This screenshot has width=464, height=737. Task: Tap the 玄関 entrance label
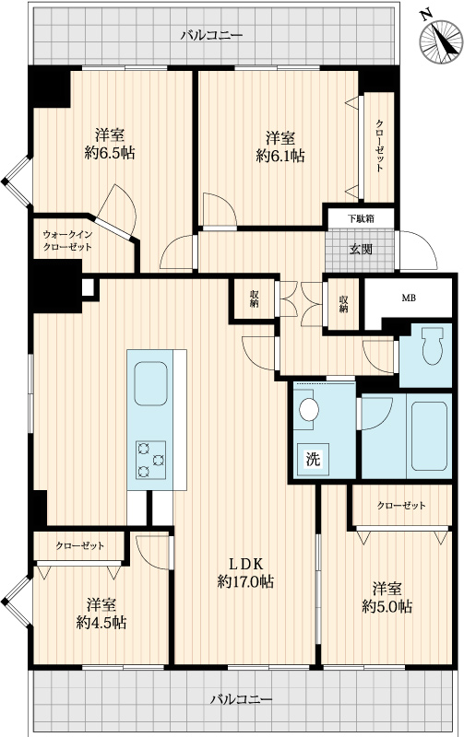(x=361, y=249)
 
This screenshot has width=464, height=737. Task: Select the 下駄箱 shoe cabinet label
(x=361, y=218)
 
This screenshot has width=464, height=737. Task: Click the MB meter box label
(x=409, y=298)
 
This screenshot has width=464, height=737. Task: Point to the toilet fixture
(x=433, y=345)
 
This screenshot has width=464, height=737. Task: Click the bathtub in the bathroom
(x=429, y=436)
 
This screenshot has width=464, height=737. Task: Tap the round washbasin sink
(x=309, y=409)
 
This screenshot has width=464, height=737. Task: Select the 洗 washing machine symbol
(x=313, y=459)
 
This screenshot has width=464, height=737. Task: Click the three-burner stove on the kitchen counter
(x=150, y=460)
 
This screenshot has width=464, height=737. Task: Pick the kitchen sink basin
(x=150, y=383)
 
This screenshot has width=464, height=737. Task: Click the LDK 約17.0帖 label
(x=245, y=572)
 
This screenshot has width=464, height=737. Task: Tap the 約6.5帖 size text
(x=110, y=152)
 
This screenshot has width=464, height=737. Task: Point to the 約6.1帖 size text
(x=280, y=156)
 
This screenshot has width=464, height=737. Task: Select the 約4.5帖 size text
(x=101, y=623)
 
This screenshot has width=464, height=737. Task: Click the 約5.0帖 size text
(x=387, y=606)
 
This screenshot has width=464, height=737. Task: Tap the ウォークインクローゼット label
(x=67, y=240)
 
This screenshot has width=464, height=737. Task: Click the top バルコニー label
(x=212, y=35)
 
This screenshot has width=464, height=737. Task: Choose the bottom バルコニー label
(x=241, y=699)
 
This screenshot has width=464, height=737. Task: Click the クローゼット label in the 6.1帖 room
(x=379, y=146)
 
